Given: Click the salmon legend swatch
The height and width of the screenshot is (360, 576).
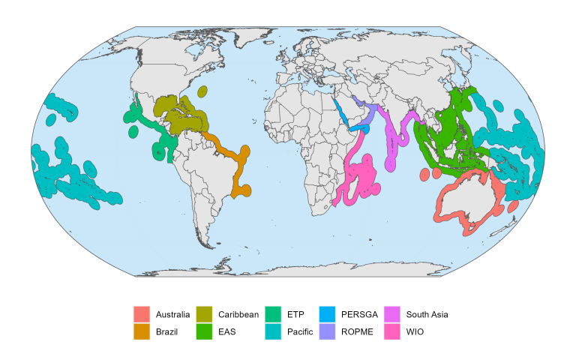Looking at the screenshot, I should (x=141, y=313).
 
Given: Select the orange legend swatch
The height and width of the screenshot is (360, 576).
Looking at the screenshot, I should (x=141, y=331).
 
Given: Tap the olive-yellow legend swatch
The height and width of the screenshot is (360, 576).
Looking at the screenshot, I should (x=204, y=313).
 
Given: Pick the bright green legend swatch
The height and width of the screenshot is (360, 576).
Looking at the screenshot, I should (x=204, y=331).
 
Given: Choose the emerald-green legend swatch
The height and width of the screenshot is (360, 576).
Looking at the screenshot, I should (x=273, y=313).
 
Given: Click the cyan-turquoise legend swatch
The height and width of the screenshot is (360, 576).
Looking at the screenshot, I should (x=273, y=331).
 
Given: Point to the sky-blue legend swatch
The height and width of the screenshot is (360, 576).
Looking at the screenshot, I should (x=327, y=313).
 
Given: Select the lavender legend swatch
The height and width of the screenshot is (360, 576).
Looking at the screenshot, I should (x=327, y=331).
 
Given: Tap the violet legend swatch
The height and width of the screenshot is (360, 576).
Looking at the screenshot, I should (x=391, y=313).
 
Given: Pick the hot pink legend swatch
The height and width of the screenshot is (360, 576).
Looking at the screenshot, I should (x=391, y=331).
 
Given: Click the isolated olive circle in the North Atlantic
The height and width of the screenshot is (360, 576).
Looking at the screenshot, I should (x=202, y=91).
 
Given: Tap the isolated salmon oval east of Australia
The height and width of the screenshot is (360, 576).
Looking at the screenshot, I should (x=513, y=206).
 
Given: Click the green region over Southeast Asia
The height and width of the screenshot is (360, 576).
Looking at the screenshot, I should (x=450, y=135).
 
